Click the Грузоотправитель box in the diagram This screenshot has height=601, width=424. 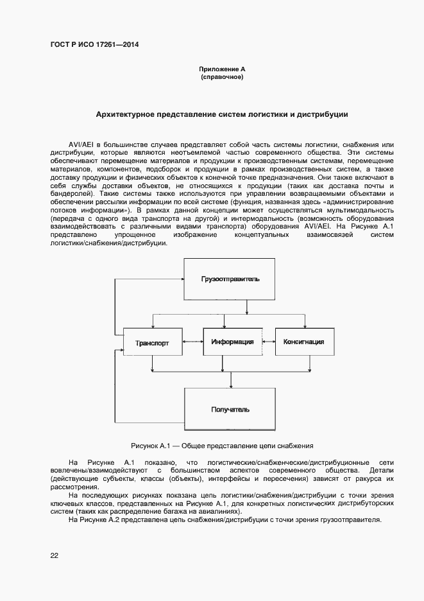tap(229, 280)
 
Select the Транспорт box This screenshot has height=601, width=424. tap(152, 343)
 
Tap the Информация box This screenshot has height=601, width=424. tap(232, 342)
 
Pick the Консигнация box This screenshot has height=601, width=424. tap(303, 342)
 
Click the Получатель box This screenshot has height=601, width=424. tap(230, 409)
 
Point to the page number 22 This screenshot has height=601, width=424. tap(55, 556)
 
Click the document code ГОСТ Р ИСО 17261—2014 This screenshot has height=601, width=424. tap(94, 45)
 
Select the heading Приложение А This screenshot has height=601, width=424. tap(222, 69)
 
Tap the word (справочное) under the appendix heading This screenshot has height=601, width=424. tap(222, 77)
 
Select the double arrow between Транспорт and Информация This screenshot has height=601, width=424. tap(193, 342)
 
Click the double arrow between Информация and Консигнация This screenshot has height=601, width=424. tap(269, 342)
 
